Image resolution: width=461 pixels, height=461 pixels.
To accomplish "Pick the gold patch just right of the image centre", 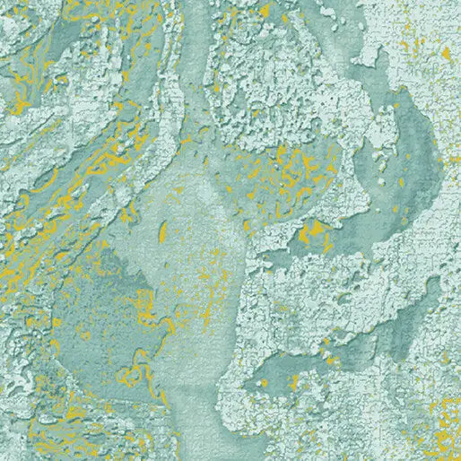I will point(311,235).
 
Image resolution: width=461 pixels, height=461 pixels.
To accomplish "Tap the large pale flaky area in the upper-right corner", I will point(413,36).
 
